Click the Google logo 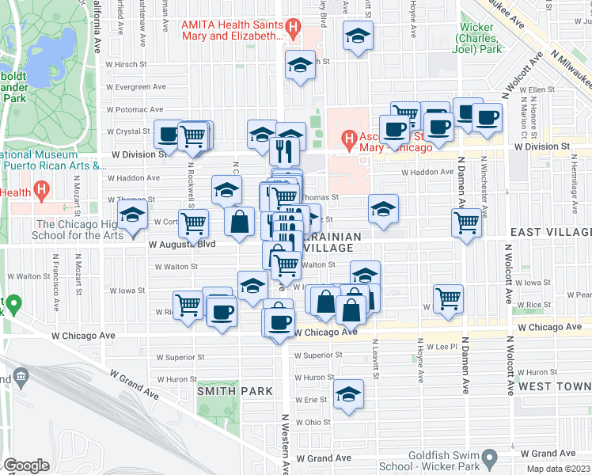[x=26, y=465]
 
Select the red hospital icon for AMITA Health [x=294, y=29]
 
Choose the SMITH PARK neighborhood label [x=235, y=390]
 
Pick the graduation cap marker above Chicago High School [x=132, y=215]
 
